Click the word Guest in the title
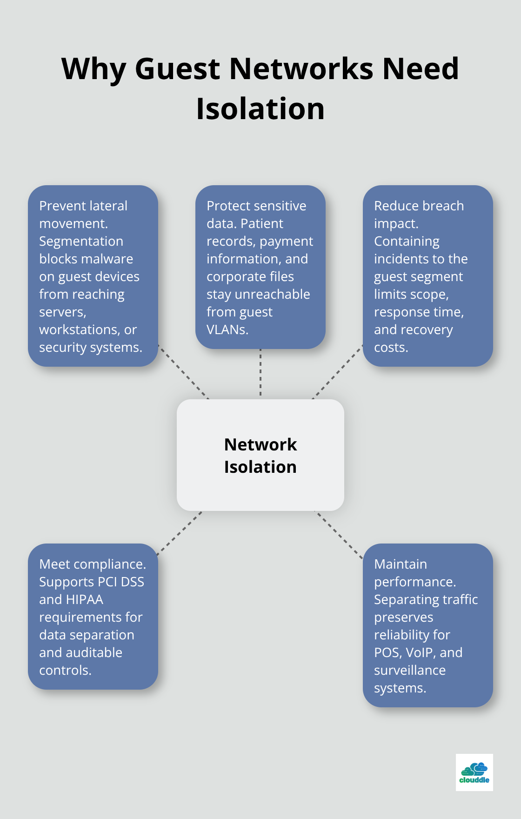tap(177, 69)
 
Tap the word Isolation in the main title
tap(260, 109)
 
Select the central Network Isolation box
tap(260, 455)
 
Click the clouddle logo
tap(474, 772)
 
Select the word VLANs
tap(227, 329)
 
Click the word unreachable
tap(272, 294)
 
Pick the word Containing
tap(407, 241)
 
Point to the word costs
tap(391, 347)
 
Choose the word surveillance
tap(410, 670)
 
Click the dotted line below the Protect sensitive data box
tap(260, 372)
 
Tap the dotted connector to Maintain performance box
tap(339, 534)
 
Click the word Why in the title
tap(94, 69)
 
